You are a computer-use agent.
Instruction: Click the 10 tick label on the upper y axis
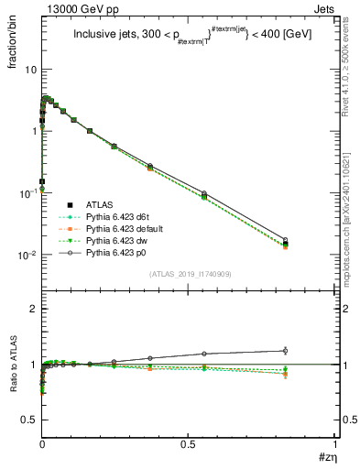(x=29, y=70)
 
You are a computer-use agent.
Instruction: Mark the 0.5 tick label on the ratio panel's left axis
(x=28, y=420)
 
